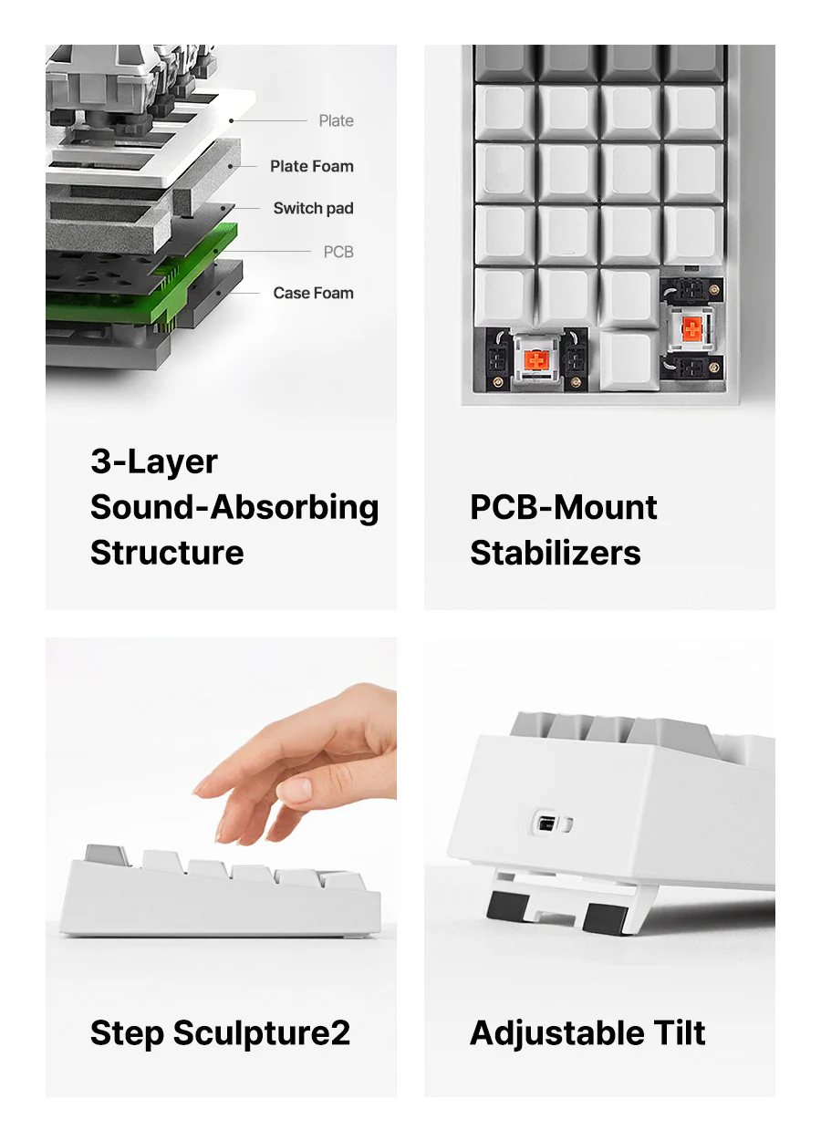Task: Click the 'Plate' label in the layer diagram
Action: (x=336, y=120)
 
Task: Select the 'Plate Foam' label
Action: (x=311, y=166)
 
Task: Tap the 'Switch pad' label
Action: (x=313, y=208)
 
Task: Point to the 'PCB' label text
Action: (x=338, y=252)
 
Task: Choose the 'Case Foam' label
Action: (x=313, y=293)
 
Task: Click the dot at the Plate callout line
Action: (x=231, y=120)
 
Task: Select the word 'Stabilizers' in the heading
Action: (x=556, y=554)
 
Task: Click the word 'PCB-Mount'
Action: (x=564, y=507)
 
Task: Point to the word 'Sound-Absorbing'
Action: (x=234, y=508)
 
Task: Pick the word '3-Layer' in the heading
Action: (x=154, y=463)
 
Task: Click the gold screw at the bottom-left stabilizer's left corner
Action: (x=499, y=382)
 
